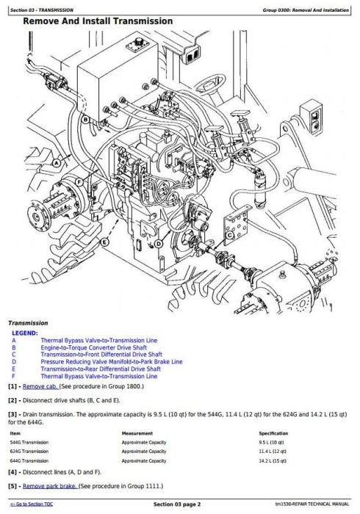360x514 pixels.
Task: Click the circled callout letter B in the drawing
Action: [86, 119]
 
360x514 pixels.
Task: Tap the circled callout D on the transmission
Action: [159, 243]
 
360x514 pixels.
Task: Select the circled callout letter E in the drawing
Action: [104, 242]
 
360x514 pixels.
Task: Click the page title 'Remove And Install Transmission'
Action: [98, 21]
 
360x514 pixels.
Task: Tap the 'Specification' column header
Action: [273, 433]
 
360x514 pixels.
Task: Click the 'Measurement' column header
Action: [137, 433]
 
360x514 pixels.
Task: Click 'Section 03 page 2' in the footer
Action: [180, 506]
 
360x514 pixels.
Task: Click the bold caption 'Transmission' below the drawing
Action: [29, 322]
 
